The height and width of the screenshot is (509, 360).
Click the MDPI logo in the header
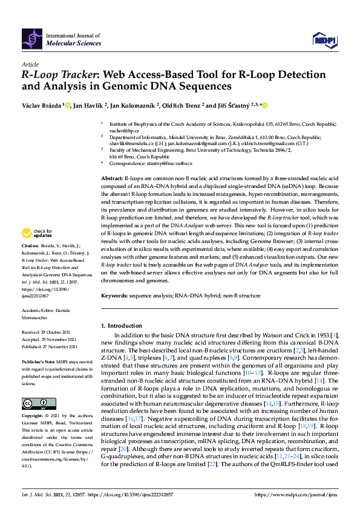tap(324, 40)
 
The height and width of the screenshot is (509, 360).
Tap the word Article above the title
tap(30, 64)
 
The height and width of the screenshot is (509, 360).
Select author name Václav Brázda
tap(41, 105)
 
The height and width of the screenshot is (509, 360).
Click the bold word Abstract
tap(111, 180)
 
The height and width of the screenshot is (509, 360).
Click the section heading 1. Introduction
tap(125, 325)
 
